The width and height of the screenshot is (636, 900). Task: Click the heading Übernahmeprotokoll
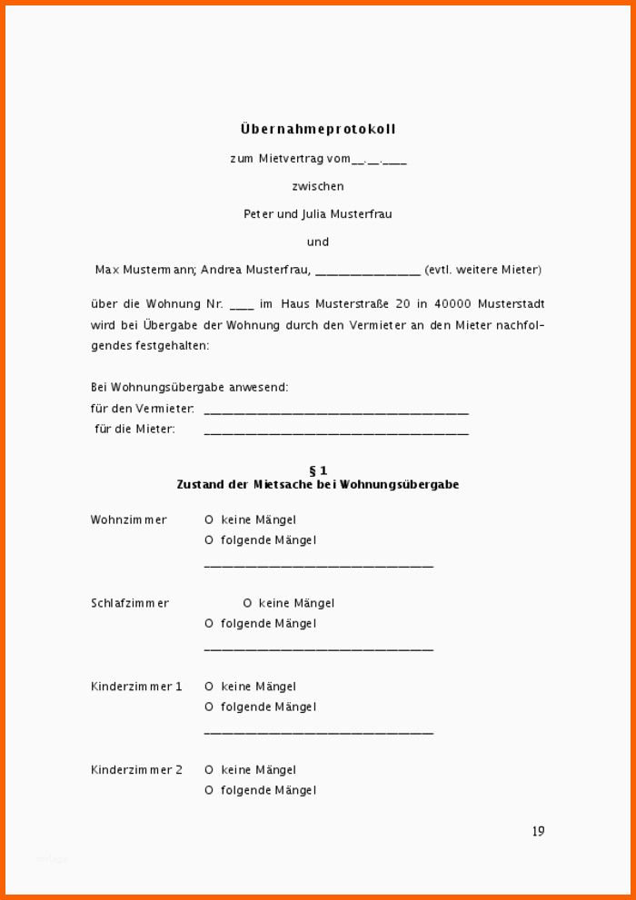pyautogui.click(x=318, y=130)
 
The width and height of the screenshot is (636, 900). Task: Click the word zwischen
pyautogui.click(x=318, y=186)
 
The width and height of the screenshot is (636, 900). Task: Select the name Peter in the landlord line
pyautogui.click(x=258, y=214)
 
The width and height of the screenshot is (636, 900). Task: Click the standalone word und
pyautogui.click(x=318, y=242)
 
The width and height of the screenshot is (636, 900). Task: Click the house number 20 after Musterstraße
pyautogui.click(x=393, y=304)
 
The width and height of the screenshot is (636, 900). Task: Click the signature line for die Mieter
pyautogui.click(x=336, y=432)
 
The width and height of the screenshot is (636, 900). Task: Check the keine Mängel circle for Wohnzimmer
pyautogui.click(x=209, y=520)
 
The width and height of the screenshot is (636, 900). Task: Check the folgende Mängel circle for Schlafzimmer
pyautogui.click(x=209, y=624)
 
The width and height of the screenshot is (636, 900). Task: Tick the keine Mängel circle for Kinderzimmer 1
pyautogui.click(x=209, y=687)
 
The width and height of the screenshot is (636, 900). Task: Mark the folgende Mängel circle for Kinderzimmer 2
pyautogui.click(x=209, y=791)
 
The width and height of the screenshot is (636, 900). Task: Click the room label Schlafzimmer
pyautogui.click(x=130, y=604)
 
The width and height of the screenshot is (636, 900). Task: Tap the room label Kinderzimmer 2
pyautogui.click(x=136, y=770)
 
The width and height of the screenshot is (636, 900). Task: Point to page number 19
pyautogui.click(x=538, y=831)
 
